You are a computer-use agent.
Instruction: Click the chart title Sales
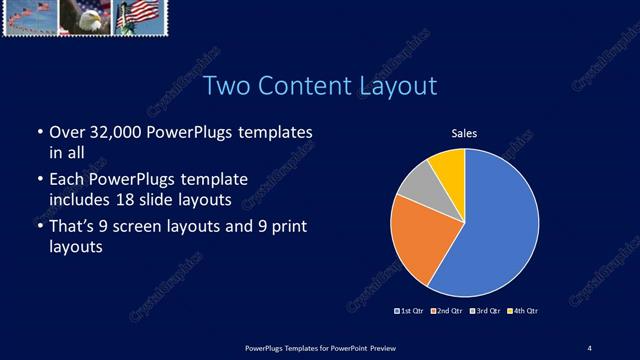click(464, 133)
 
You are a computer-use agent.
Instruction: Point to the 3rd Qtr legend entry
click(484, 311)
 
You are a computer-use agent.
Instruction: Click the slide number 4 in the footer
click(589, 347)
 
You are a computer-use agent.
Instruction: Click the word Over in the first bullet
click(67, 133)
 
